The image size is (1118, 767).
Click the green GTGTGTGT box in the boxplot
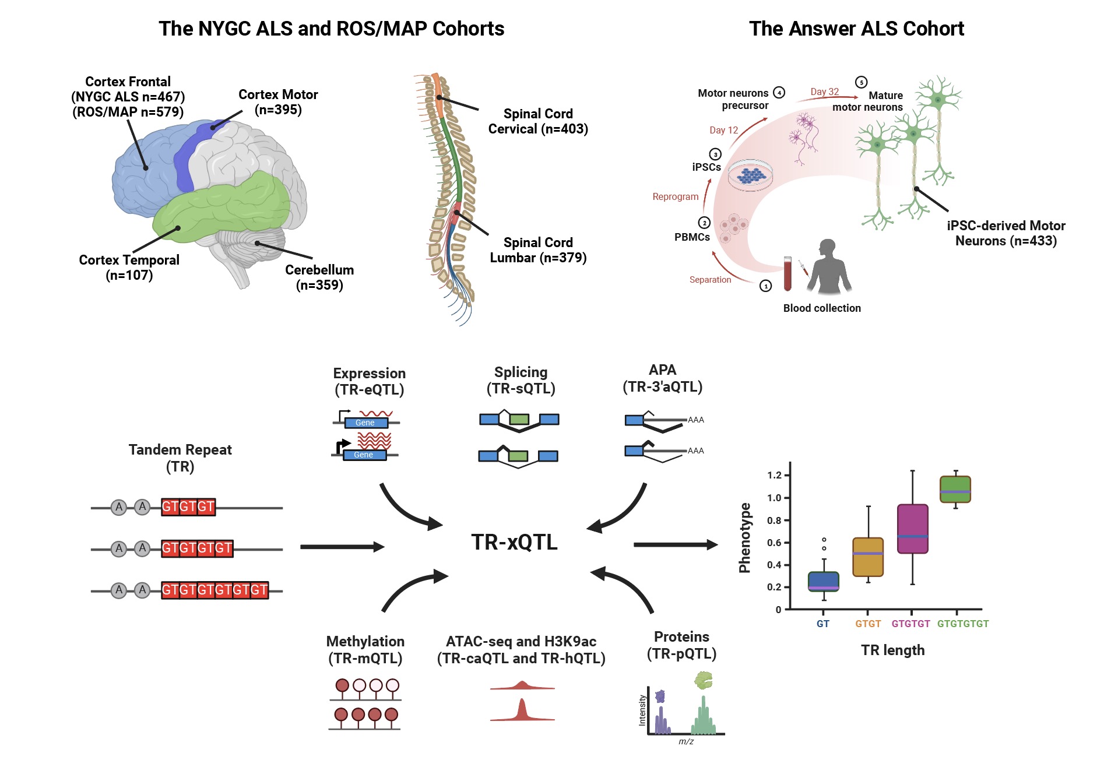pyautogui.click(x=955, y=489)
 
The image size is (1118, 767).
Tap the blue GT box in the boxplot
pyautogui.click(x=823, y=581)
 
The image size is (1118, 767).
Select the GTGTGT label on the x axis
pyautogui.click(x=910, y=624)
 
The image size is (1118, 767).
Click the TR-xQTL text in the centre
pyautogui.click(x=514, y=542)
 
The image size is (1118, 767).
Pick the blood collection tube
pyautogui.click(x=787, y=273)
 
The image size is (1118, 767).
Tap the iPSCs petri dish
pyautogui.click(x=751, y=175)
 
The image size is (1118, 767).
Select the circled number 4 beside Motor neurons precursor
pyautogui.click(x=779, y=93)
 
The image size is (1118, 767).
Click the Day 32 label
pyautogui.click(x=824, y=92)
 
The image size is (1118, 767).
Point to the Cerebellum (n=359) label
pyautogui.click(x=319, y=277)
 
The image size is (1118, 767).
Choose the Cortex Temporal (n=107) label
pyautogui.click(x=129, y=268)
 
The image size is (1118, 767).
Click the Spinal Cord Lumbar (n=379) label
pyautogui.click(x=537, y=250)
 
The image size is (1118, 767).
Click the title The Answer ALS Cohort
pyautogui.click(x=856, y=29)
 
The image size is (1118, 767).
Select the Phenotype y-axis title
pyautogui.click(x=744, y=537)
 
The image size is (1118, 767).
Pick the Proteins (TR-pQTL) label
pyautogui.click(x=681, y=645)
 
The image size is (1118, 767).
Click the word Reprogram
pyautogui.click(x=675, y=197)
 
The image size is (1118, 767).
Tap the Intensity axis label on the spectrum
pyautogui.click(x=642, y=710)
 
